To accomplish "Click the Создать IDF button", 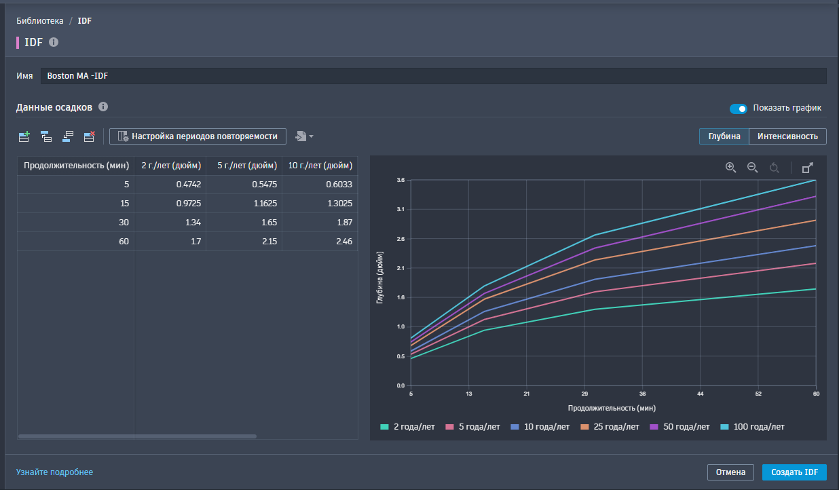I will click(x=794, y=472).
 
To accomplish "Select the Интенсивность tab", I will click(x=787, y=136).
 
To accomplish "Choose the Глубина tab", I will click(x=724, y=136).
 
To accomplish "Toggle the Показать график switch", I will click(x=738, y=109).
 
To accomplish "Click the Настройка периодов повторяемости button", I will click(x=198, y=136).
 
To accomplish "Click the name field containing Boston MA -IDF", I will click(x=433, y=76).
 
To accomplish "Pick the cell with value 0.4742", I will click(x=170, y=184).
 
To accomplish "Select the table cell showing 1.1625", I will click(x=244, y=203).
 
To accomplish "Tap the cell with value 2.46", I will click(x=320, y=241).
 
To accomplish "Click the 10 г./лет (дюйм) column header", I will click(x=320, y=165).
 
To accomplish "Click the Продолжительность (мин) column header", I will click(x=76, y=165).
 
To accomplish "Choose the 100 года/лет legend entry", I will click(x=753, y=427).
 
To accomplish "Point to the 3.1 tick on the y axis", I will click(x=400, y=209).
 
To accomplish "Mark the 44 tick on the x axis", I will click(x=700, y=394).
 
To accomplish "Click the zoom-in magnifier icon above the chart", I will click(x=730, y=168).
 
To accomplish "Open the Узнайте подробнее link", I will click(x=54, y=472).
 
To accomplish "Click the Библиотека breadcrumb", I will click(x=40, y=21).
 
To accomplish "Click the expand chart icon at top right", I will click(x=807, y=168).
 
